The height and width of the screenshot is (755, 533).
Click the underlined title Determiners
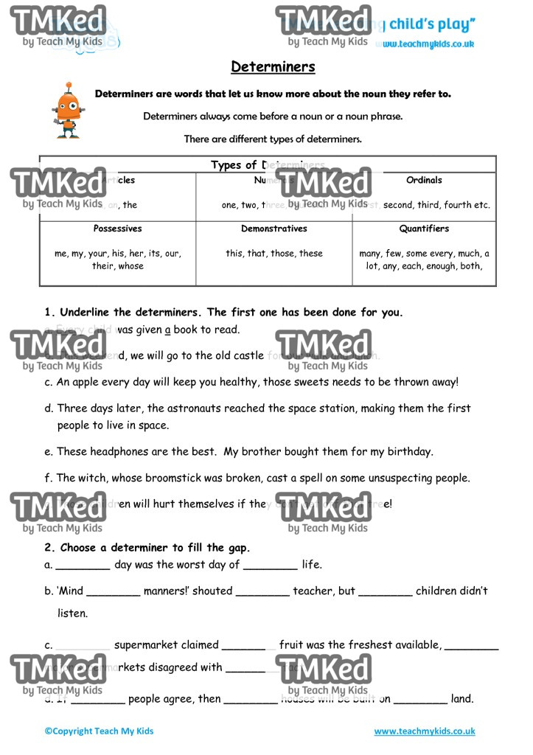273,67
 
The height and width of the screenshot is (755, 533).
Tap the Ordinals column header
424,180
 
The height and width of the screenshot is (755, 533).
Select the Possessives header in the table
118,229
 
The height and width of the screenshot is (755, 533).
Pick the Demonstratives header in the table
274,229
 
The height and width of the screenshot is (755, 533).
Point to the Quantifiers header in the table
424,229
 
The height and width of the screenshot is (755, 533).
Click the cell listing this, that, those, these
274,253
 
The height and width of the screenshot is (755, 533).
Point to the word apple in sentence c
87,382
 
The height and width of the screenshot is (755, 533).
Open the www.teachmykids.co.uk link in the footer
424,731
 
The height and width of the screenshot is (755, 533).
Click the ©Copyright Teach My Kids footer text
99,731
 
